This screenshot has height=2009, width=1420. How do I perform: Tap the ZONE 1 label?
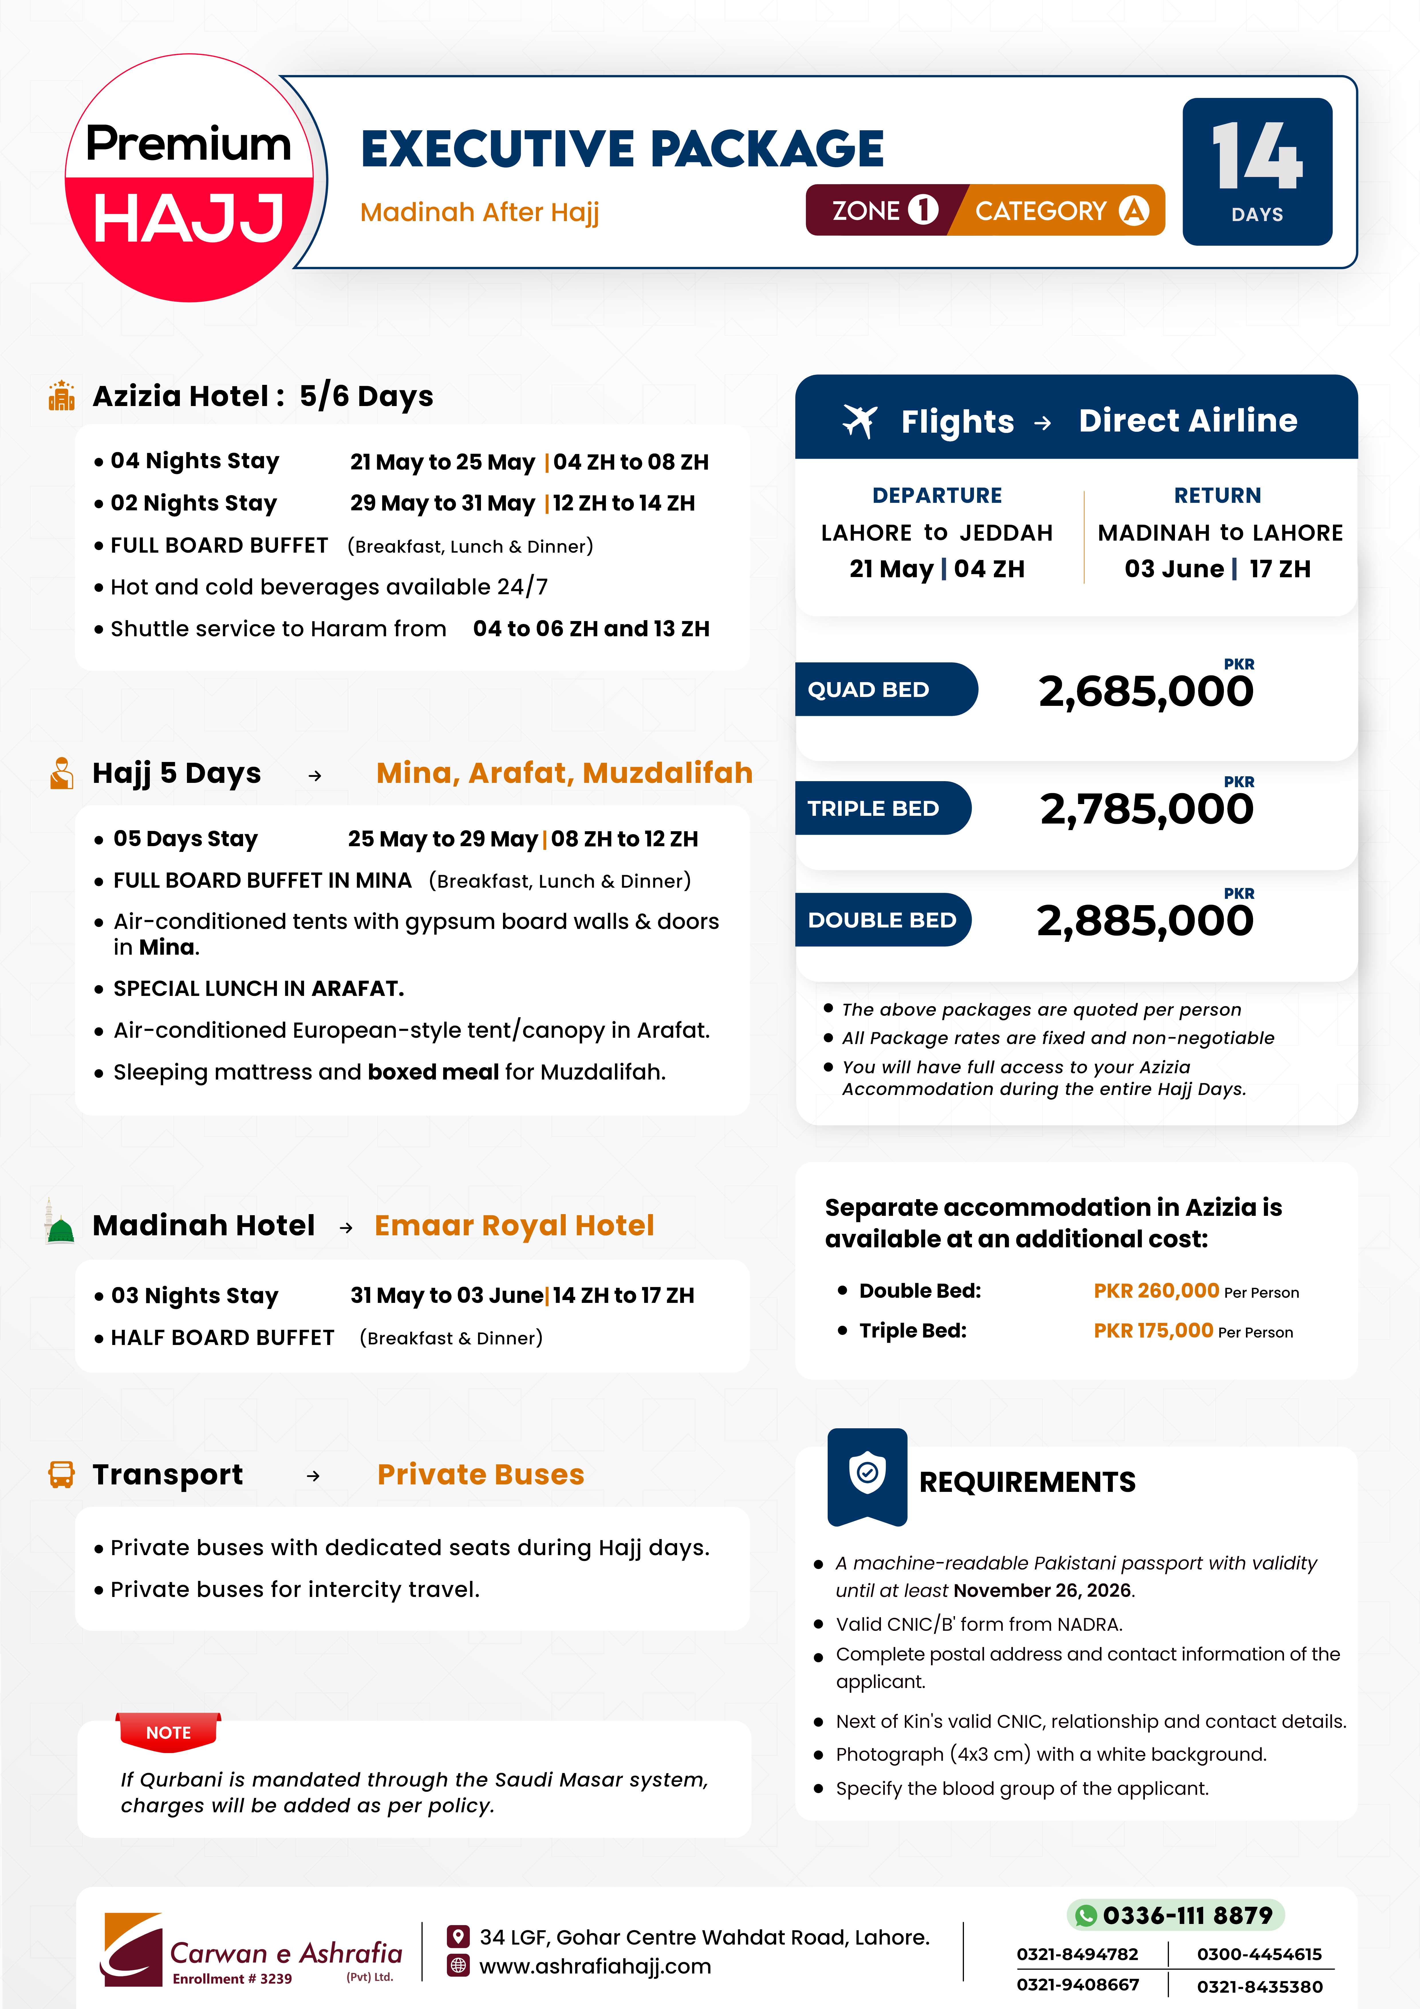click(x=884, y=211)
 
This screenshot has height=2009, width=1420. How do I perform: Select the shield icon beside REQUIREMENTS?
click(x=867, y=1474)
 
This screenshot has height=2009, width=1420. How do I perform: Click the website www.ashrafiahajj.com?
click(x=595, y=1966)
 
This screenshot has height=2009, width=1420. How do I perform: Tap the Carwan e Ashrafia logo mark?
click(x=133, y=1949)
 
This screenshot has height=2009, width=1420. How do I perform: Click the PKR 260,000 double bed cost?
click(x=1156, y=1291)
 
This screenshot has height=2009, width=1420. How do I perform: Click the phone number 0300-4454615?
click(x=1258, y=1954)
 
